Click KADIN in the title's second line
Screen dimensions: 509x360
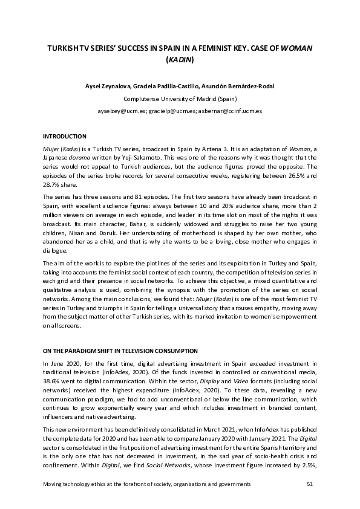coord(180,59)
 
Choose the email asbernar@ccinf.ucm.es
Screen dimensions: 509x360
coord(232,111)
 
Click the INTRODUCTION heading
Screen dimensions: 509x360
coord(64,137)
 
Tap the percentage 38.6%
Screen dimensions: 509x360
coord(52,384)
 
